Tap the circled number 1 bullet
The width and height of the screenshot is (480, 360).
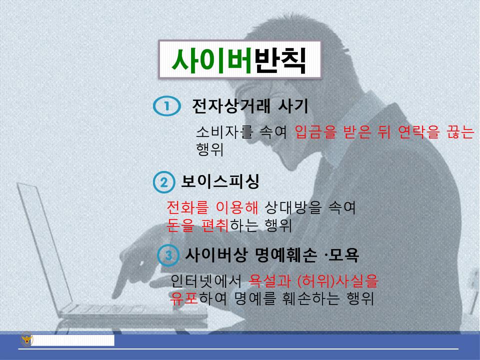(166, 106)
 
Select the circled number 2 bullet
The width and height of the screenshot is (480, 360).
(163, 182)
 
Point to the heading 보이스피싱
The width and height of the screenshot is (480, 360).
(220, 181)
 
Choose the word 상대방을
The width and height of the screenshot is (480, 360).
(291, 207)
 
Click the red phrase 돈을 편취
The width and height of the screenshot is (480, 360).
(197, 225)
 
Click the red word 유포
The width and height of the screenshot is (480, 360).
(184, 298)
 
